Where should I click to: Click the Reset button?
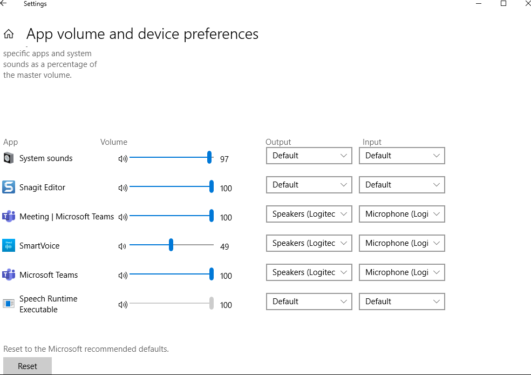click(28, 366)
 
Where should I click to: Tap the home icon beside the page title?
click(9, 35)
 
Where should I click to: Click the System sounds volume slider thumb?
click(209, 157)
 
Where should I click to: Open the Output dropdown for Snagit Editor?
click(309, 185)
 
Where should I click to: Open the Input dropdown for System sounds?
click(401, 156)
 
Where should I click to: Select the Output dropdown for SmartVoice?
click(309, 243)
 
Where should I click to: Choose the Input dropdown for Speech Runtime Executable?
click(401, 302)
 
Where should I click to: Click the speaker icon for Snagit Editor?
click(122, 188)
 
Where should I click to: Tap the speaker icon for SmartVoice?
click(122, 246)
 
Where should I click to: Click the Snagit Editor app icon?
click(9, 187)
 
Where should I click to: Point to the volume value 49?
click(224, 247)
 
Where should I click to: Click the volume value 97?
click(224, 159)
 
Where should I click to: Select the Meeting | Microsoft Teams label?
click(66, 217)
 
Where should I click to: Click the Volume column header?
click(114, 142)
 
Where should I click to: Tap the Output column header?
click(278, 142)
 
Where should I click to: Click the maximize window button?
click(503, 4)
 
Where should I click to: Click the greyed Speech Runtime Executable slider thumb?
click(212, 303)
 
